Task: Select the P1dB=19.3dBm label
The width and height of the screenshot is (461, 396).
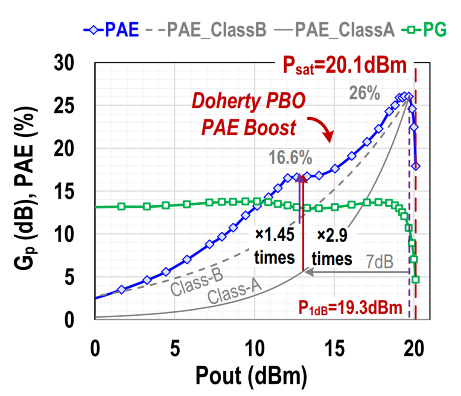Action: point(350,307)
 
